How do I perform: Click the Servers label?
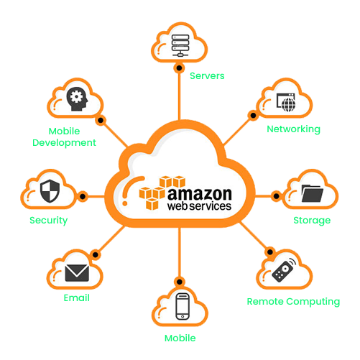pos(207,76)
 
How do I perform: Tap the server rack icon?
pos(180,45)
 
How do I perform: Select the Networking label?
pos(293,129)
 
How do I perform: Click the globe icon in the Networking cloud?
pos(288,104)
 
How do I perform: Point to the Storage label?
pos(312,221)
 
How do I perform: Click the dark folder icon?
pos(313,193)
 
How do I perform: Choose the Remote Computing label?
pos(293,302)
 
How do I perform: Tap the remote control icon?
pos(284,270)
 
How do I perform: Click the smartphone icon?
pos(183,306)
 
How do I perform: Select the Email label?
pos(77,298)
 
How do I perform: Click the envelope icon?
pos(77,272)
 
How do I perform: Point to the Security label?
pos(48,221)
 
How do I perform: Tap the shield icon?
pos(50,191)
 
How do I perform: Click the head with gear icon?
pos(77,98)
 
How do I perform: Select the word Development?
pos(64,143)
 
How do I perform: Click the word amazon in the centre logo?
pos(200,194)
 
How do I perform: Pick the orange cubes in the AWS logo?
pos(162,193)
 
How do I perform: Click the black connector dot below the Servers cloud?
pos(179,68)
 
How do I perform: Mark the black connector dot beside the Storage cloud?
pos(276,196)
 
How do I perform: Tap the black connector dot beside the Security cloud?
pos(83,197)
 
